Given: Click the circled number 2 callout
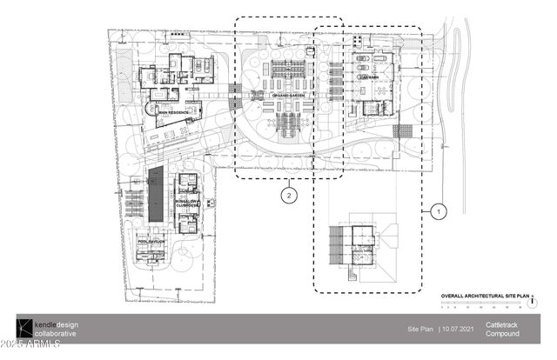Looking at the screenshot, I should tap(288, 195).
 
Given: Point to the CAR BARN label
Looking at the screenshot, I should tap(366, 77).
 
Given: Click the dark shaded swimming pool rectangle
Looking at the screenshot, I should tap(156, 194).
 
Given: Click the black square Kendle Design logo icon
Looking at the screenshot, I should tap(23, 329).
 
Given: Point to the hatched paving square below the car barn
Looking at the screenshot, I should tap(404, 131).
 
